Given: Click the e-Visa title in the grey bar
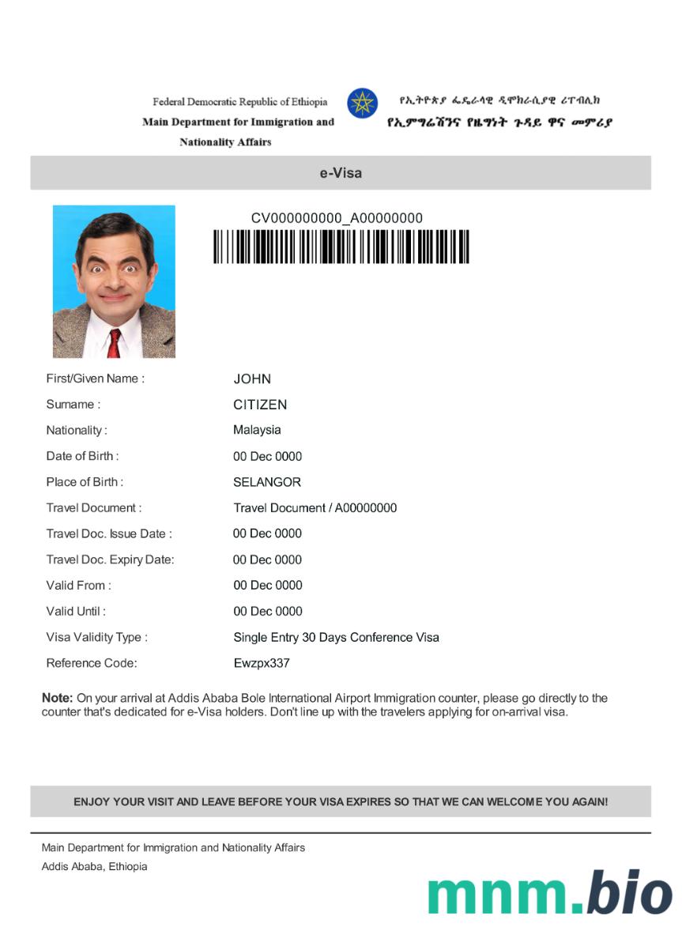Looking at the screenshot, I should [341, 172].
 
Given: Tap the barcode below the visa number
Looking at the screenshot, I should [341, 247].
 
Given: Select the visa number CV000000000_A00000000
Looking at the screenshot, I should [337, 218].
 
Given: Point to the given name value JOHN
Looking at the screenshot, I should [252, 379].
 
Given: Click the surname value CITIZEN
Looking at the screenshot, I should [260, 405].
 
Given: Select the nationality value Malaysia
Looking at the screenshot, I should [257, 430].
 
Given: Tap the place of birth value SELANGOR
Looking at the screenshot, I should [267, 482].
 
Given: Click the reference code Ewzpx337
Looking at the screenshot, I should [262, 663].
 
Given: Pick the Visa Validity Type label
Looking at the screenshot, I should [96, 637].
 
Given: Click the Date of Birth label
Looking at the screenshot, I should [82, 456].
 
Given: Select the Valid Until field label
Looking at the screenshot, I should [76, 611].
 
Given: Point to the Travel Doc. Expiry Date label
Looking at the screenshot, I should [110, 560].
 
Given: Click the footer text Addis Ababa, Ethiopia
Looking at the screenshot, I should [94, 866].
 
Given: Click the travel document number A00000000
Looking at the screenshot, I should [366, 508].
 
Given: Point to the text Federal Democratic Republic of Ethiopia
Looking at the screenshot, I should [239, 102].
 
